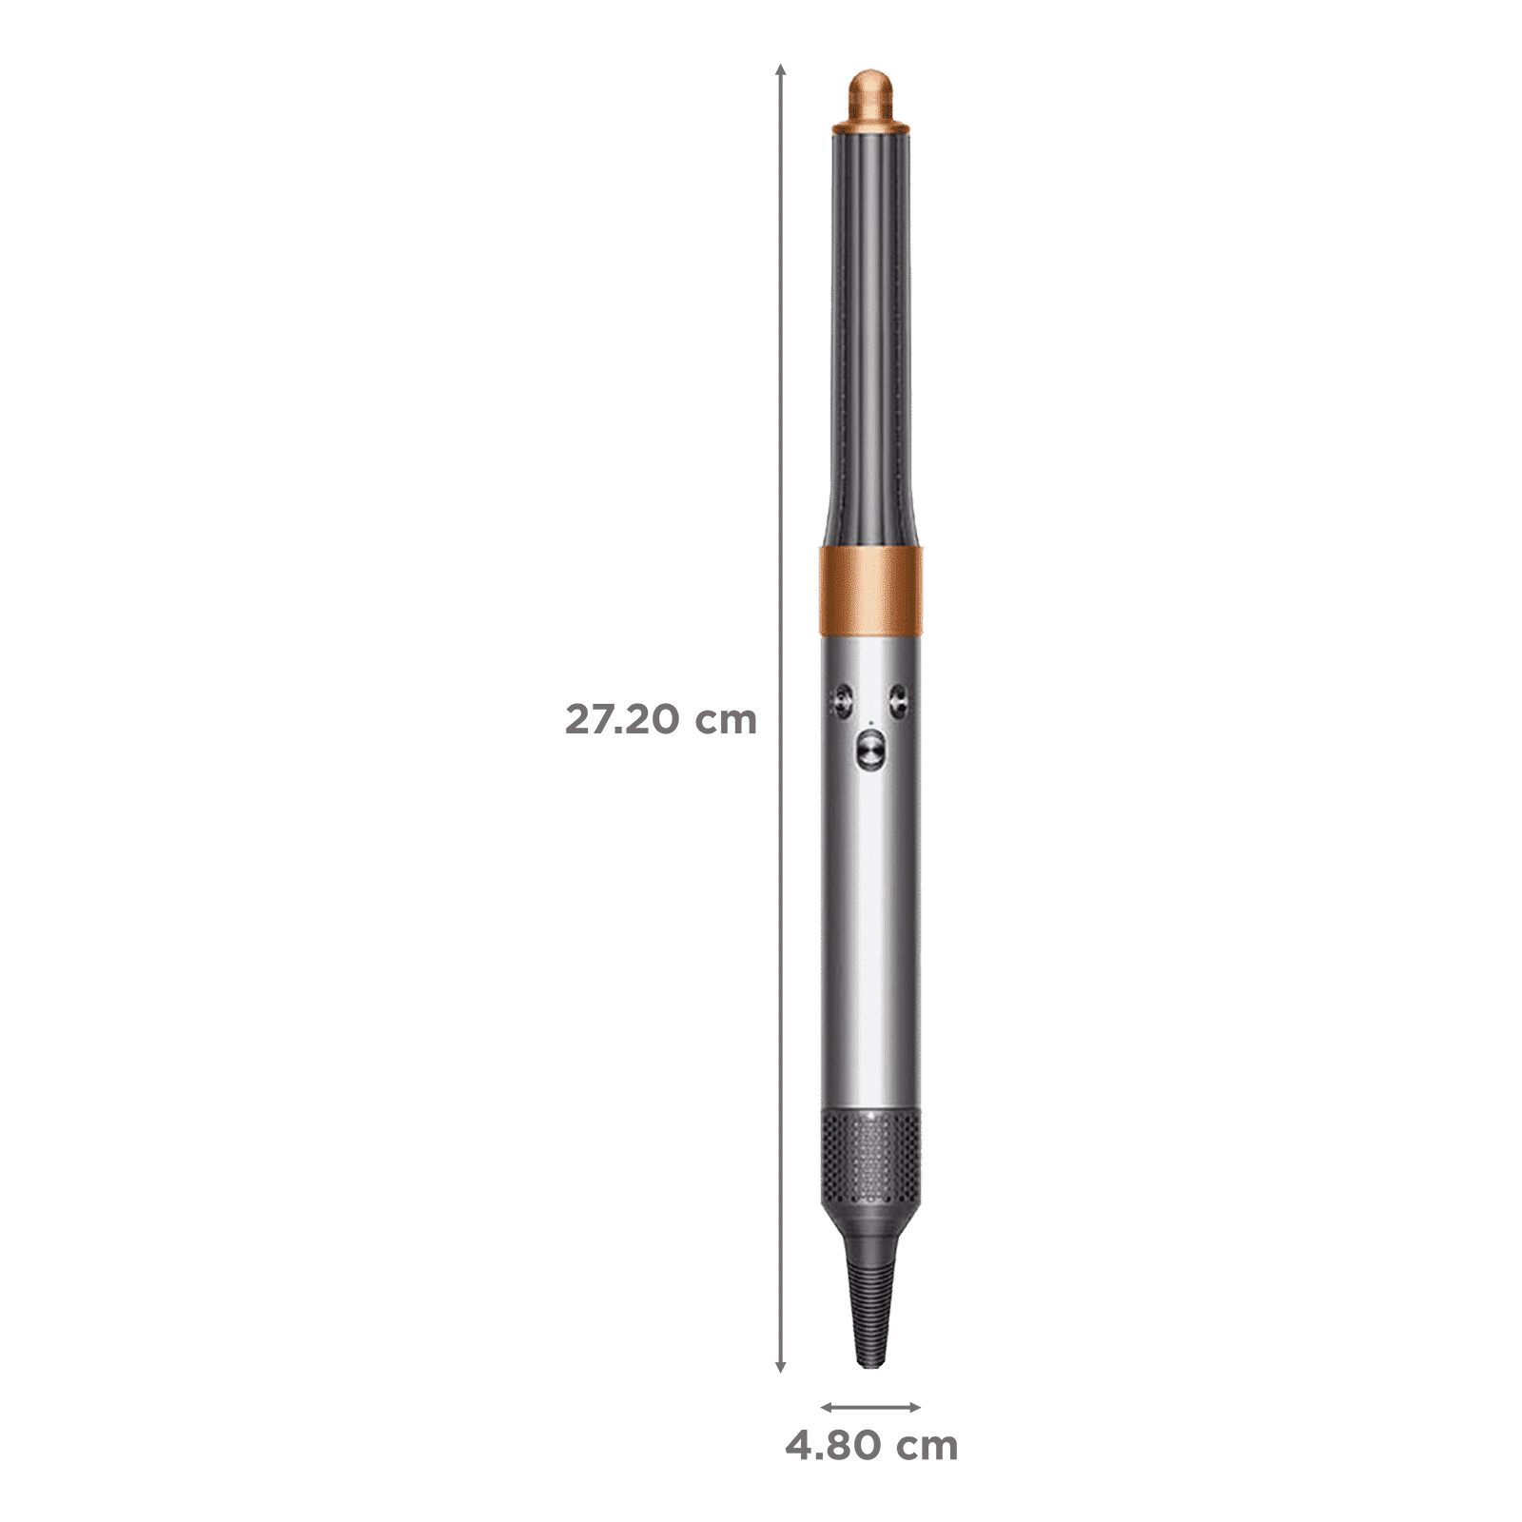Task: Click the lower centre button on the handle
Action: coord(869,751)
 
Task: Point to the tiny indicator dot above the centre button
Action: coord(869,722)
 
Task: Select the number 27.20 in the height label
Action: coord(622,720)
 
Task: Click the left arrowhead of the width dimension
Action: coord(824,1408)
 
